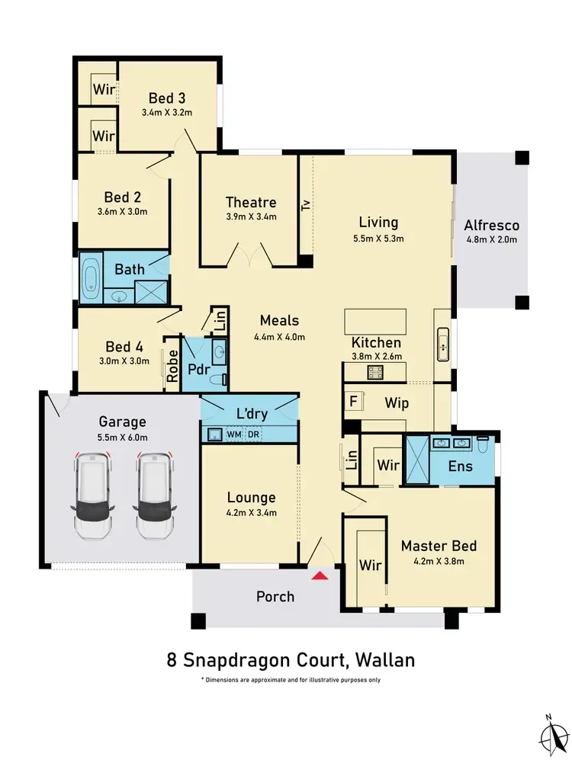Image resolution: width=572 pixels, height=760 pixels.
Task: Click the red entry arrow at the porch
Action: tap(321, 575)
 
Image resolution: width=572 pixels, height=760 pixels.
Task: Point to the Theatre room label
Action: tap(250, 202)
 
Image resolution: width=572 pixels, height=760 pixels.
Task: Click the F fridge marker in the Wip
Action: tap(352, 399)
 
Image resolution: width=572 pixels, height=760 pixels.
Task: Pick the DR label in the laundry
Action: tap(252, 435)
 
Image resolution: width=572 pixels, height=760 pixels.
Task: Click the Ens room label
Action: tap(461, 467)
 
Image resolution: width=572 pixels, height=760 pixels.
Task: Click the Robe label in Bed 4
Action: tap(172, 364)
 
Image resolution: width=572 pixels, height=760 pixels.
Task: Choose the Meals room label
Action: tap(279, 321)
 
